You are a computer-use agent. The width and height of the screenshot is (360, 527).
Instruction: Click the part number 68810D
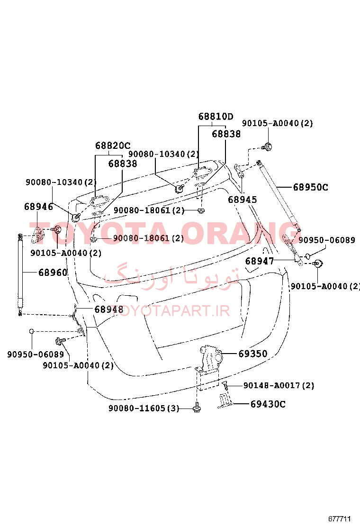(216, 117)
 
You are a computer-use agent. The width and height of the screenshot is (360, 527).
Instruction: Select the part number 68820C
(113, 145)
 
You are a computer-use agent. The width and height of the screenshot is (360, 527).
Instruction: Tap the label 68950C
(311, 187)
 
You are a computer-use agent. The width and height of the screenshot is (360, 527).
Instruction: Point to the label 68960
(53, 272)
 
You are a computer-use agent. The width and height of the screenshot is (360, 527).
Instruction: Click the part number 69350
(253, 354)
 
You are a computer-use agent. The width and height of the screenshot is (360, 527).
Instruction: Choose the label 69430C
(268, 404)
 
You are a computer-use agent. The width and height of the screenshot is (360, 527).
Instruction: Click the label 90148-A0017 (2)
(279, 385)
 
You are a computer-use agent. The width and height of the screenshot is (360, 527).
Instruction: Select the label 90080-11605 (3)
(144, 409)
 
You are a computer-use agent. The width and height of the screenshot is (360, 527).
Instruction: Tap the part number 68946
(39, 206)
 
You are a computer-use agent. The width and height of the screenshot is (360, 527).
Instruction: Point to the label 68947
(260, 261)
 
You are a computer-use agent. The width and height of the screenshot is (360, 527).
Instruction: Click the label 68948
(109, 309)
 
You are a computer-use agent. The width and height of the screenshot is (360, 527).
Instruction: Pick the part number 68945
(243, 200)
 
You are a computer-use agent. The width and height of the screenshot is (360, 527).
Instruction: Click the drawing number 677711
(340, 518)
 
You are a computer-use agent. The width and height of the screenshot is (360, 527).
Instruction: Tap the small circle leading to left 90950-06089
(32, 331)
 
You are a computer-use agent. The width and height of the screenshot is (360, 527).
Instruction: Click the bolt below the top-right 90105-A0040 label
(267, 146)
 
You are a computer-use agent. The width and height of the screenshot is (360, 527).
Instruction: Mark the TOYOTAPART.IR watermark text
(170, 311)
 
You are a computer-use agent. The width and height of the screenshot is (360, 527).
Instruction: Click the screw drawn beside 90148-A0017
(225, 385)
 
